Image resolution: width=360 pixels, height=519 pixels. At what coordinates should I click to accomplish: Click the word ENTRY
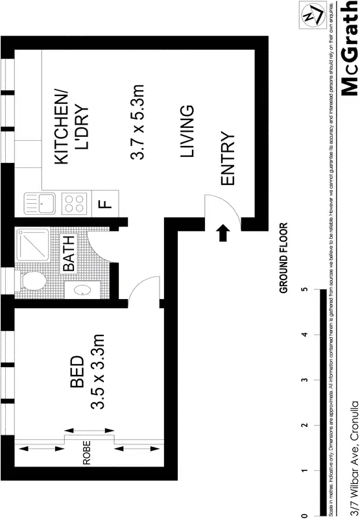227,160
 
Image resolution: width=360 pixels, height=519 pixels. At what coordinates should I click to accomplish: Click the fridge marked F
104,204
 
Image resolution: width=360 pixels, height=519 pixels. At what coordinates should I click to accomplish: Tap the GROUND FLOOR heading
283,258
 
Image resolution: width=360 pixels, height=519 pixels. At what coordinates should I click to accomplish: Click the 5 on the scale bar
304,290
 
